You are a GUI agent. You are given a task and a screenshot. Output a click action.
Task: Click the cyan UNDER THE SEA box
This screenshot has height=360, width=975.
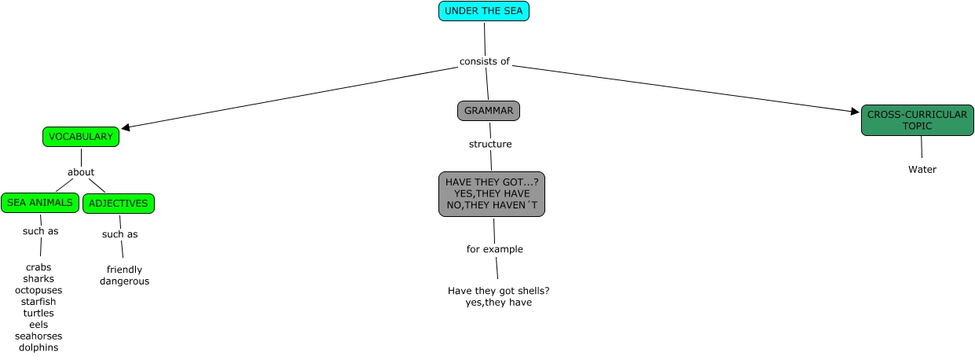[x=484, y=11]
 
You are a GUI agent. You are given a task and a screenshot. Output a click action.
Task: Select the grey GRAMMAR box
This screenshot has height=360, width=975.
[x=489, y=111]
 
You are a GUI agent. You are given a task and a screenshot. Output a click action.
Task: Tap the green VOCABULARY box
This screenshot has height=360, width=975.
[x=81, y=137]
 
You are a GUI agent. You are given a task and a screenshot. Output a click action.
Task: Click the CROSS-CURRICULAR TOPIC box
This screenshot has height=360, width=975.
[x=917, y=120]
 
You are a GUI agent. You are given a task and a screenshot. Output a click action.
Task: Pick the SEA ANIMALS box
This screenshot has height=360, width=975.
[x=40, y=203]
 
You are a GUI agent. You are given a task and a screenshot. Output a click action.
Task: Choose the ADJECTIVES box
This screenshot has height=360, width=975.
[x=119, y=204]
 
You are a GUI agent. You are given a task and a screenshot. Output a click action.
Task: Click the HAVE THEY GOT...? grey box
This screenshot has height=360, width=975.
[x=492, y=193]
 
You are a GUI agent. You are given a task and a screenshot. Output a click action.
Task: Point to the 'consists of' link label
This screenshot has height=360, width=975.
[x=485, y=62]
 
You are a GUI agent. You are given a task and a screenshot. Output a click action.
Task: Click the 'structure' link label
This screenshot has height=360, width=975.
[x=490, y=144]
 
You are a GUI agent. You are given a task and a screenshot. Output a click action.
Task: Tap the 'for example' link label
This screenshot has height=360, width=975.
[x=495, y=249]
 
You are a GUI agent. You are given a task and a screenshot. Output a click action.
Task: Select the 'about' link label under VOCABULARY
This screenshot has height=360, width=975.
[x=81, y=172]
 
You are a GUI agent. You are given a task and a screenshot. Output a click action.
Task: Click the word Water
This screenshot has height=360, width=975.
[x=922, y=169]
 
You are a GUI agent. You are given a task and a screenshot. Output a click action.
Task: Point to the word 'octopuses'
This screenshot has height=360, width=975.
[x=38, y=290]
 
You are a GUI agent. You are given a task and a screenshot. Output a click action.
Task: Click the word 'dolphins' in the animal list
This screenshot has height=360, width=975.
[x=38, y=347]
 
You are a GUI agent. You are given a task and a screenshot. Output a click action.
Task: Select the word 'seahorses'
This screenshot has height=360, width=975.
[x=38, y=336]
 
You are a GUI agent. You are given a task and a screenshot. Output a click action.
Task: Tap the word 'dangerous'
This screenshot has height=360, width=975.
[x=124, y=281]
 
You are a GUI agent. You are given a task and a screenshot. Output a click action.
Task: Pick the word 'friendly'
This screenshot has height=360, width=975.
[x=124, y=270]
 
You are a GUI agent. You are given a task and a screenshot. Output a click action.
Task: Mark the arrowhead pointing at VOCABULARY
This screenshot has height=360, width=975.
[x=125, y=127]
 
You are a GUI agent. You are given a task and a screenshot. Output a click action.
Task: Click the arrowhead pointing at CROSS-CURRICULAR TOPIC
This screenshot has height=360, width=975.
[x=856, y=112]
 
